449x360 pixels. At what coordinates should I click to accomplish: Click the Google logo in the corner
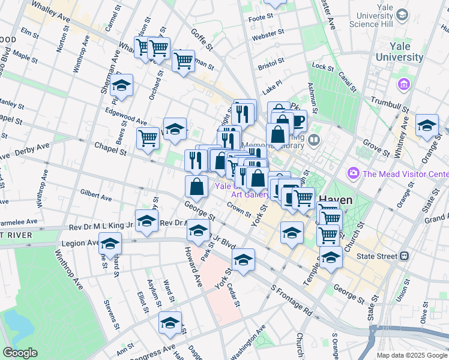coord(20,353)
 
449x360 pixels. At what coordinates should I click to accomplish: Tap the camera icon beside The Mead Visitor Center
coord(353,174)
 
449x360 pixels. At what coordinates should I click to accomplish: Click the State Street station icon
coord(405,256)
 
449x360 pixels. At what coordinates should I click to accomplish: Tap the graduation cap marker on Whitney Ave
coord(427,125)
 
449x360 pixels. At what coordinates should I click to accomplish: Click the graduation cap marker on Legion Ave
coord(110,244)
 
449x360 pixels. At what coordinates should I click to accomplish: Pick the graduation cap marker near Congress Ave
coord(170,323)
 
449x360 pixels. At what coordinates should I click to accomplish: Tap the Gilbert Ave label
coord(95,196)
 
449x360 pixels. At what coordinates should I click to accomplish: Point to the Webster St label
coord(267,37)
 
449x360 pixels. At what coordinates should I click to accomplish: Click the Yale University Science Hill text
coord(382,18)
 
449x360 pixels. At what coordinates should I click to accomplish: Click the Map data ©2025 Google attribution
coord(411,355)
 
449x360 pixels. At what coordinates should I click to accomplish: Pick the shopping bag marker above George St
coord(197,187)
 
